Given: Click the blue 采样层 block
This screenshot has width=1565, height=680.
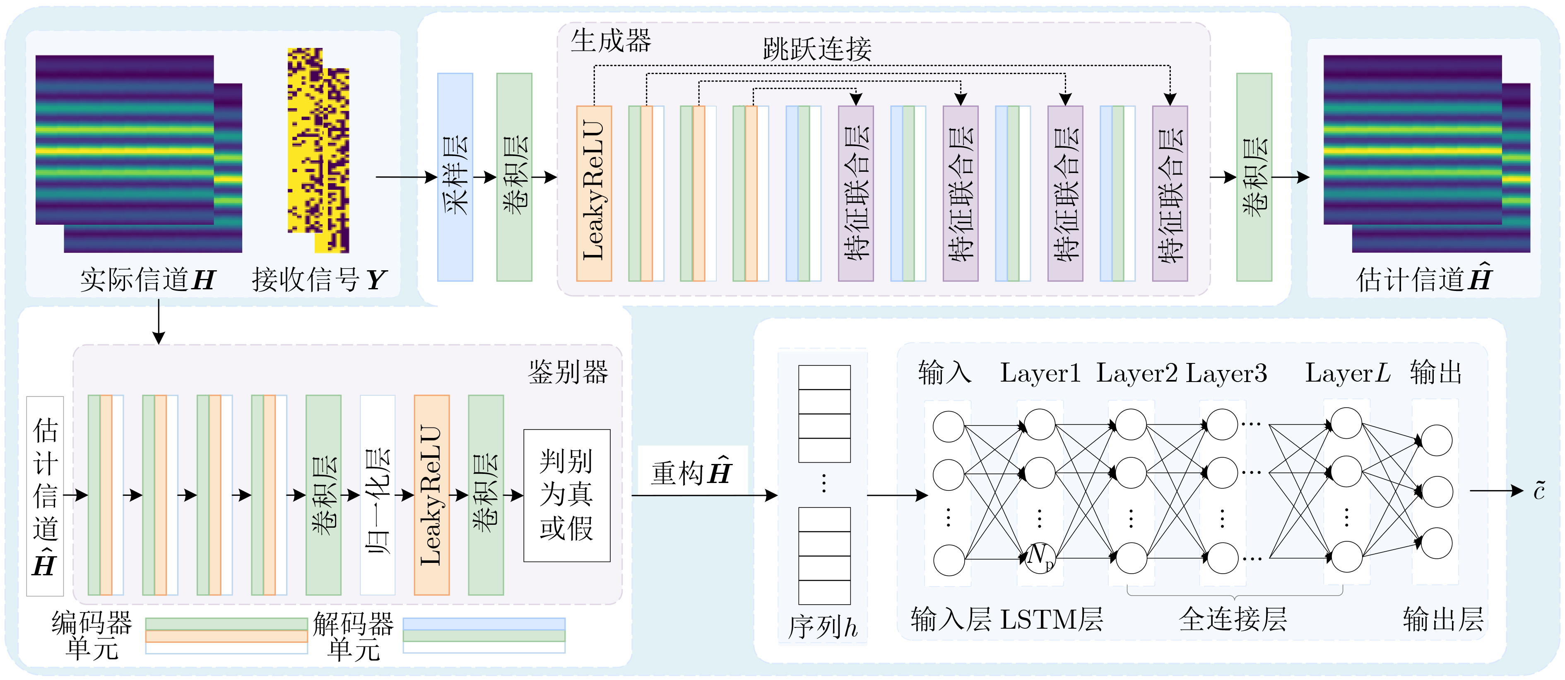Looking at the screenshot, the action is pyautogui.click(x=455, y=177).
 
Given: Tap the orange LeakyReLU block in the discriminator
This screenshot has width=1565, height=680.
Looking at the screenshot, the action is pyautogui.click(x=431, y=495).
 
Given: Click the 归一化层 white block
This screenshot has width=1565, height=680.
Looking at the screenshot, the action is pyautogui.click(x=377, y=495).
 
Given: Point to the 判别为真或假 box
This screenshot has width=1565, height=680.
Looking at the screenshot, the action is pyautogui.click(x=567, y=495).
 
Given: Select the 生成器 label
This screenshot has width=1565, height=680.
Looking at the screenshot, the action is pyautogui.click(x=611, y=41).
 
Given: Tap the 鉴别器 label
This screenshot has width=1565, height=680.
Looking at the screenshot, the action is pyautogui.click(x=568, y=372).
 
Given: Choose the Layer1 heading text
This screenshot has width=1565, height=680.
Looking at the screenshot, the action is pyautogui.click(x=1040, y=373).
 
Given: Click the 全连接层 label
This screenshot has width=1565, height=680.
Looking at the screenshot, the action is pyautogui.click(x=1233, y=619).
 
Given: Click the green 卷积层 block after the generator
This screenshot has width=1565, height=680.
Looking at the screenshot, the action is pyautogui.click(x=1254, y=177).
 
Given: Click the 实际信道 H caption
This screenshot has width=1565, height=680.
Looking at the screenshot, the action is pyautogui.click(x=148, y=280).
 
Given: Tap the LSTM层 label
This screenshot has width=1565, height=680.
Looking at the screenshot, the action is pyautogui.click(x=1051, y=619).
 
